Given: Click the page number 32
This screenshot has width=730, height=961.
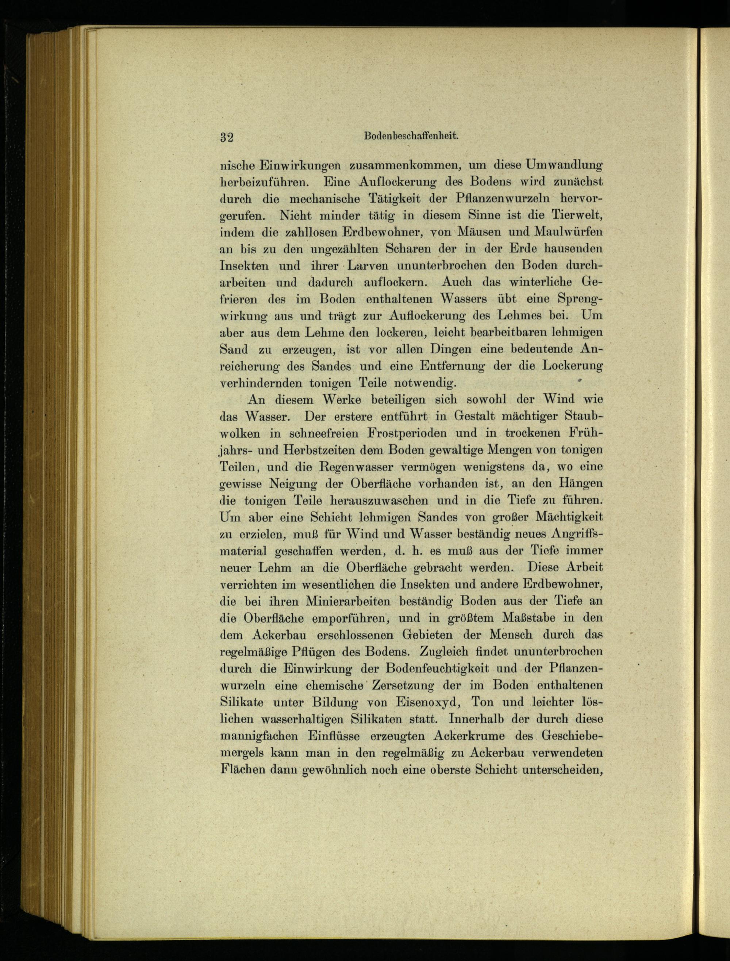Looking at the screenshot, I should (x=227, y=137).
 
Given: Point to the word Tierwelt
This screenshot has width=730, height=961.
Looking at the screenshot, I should (x=577, y=215).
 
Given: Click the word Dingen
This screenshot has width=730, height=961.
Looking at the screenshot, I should (x=451, y=349).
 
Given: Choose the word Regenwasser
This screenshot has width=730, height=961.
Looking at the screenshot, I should (x=351, y=467).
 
